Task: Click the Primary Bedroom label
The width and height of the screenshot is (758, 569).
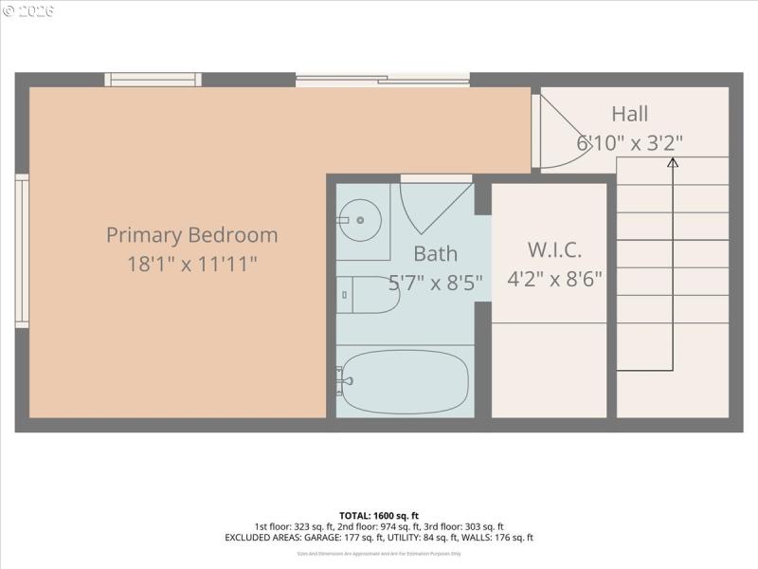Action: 191,234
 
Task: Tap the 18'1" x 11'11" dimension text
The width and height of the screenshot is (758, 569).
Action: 191,264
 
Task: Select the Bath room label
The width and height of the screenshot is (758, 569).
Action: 435,253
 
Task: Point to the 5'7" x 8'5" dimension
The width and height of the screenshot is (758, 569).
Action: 435,283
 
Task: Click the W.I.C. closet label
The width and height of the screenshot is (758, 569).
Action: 553,250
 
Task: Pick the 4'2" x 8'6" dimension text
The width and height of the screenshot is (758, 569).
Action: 553,281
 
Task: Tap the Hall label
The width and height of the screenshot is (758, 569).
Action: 629,114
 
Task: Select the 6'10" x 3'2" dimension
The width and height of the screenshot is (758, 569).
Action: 629,143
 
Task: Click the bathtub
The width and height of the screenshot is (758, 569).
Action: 405,381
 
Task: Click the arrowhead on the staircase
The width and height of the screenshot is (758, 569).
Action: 673,162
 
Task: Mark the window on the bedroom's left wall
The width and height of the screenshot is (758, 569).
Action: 22,251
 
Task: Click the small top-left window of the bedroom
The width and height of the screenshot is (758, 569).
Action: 153,80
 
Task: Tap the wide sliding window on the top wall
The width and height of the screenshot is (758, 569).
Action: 382,80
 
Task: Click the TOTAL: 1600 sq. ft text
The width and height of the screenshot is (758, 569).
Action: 378,515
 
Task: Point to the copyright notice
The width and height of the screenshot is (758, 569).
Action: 28,11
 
